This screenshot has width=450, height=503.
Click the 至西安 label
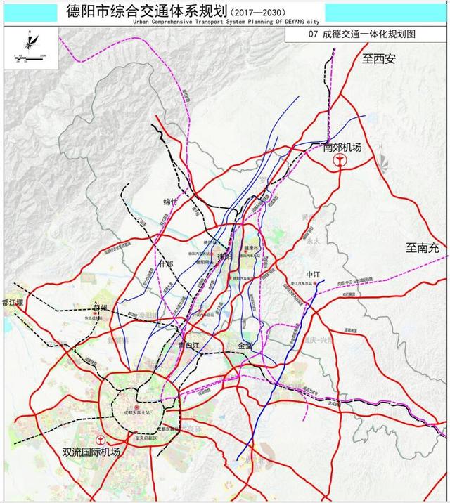pos(380,59)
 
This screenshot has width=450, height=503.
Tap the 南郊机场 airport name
pos(342,148)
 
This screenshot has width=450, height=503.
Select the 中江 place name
pos(313,274)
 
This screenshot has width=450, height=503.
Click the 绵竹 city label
pos(172,202)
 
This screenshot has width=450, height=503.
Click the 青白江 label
pos(190,344)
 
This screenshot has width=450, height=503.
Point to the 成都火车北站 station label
pos(136,412)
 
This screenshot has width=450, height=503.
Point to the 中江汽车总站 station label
pos(304,285)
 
